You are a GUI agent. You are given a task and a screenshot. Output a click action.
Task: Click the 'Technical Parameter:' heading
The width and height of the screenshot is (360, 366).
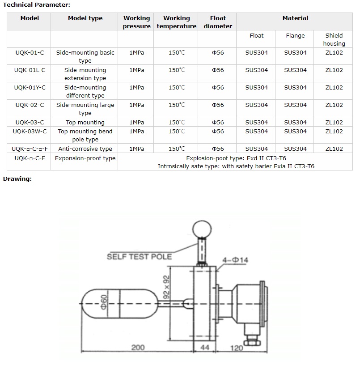click(37, 4)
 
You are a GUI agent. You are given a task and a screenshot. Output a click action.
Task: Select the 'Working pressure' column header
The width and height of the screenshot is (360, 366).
click(137, 22)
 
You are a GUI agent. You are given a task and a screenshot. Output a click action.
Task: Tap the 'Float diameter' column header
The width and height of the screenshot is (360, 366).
click(218, 22)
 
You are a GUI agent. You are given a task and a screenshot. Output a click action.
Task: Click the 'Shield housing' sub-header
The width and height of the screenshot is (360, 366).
click(334, 39)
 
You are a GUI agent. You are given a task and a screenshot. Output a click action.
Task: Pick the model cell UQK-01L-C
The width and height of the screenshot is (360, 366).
click(30, 70)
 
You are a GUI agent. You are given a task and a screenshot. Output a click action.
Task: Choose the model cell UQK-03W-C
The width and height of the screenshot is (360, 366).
click(30, 131)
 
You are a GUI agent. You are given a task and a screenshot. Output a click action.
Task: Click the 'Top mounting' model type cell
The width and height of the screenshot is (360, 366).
click(85, 123)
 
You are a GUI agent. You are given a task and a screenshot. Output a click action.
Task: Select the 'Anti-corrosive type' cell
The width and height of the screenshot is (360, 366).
click(85, 149)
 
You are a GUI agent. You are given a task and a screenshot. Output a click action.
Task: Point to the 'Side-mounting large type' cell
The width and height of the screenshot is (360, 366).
click(85, 109)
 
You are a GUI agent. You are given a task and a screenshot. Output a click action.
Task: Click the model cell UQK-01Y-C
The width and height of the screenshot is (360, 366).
click(30, 88)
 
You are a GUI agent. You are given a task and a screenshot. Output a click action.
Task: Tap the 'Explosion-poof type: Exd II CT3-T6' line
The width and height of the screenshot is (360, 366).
click(236, 158)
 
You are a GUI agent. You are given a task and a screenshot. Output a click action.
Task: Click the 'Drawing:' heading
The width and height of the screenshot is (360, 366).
click(17, 179)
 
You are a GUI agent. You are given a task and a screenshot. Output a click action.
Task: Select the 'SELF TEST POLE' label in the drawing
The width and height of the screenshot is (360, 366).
click(139, 256)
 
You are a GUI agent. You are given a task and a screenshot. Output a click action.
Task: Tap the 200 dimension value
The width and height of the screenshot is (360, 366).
click(138, 348)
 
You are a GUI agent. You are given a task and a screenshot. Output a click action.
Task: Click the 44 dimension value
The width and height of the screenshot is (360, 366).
click(204, 348)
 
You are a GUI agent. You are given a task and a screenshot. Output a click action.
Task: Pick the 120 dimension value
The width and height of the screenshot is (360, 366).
click(237, 348)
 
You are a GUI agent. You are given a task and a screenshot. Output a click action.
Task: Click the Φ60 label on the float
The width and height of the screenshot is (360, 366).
click(104, 302)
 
